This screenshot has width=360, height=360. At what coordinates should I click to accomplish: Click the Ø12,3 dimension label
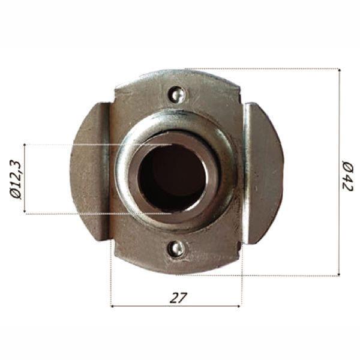(16, 179)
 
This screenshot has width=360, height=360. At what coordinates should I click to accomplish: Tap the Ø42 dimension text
(347, 175)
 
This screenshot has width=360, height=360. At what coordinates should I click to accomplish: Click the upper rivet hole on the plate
(176, 94)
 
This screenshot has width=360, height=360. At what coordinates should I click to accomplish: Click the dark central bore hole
(172, 178)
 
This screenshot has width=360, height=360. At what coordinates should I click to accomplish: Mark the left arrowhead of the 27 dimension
(114, 306)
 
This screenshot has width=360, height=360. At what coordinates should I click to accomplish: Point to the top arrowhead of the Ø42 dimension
(339, 71)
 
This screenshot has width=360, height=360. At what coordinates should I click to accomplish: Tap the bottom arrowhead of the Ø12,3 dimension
(25, 211)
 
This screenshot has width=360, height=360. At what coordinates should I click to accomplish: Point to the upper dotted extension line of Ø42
(270, 68)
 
